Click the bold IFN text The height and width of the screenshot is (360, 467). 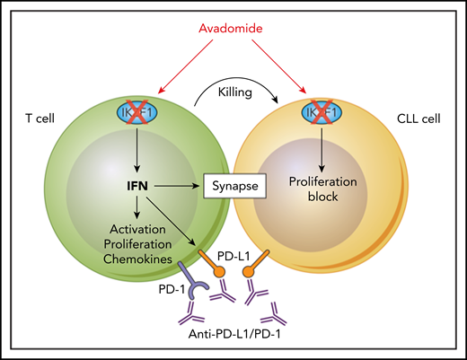click(x=137, y=187)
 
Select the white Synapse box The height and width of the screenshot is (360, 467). click(x=232, y=188)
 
